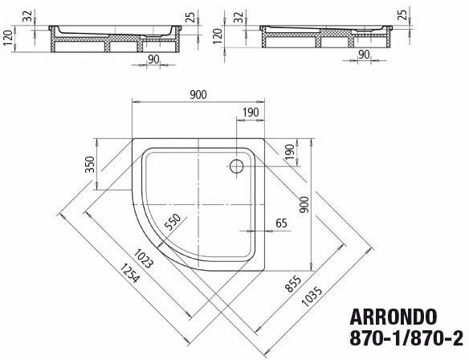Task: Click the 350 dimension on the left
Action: coord(90,164)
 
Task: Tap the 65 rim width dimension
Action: coord(281,223)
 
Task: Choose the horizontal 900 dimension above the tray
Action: coord(198,95)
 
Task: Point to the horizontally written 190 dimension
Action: coord(251,113)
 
